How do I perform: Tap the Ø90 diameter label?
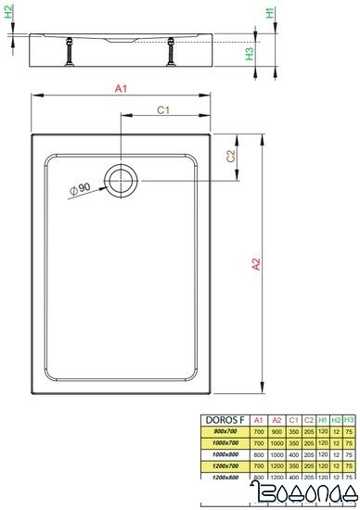coord(79,189)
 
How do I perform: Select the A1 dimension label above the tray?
coord(120,88)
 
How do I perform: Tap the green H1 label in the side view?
coord(268,14)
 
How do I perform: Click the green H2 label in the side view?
coord(8,14)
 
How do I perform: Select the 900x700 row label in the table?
coord(226,431)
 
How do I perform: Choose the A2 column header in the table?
coord(276,420)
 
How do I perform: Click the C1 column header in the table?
coord(293,420)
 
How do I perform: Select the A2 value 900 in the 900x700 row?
coord(276,431)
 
